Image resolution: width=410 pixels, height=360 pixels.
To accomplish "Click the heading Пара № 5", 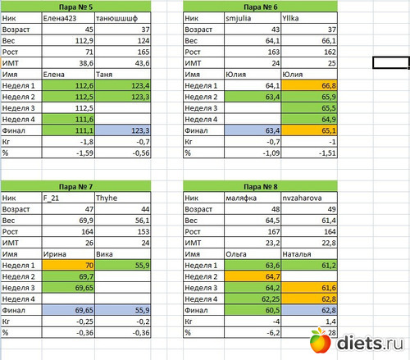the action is click(75, 7).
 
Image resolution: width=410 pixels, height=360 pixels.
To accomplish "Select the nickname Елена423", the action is click(60, 18).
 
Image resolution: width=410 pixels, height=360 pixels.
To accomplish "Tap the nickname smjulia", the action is click(239, 18).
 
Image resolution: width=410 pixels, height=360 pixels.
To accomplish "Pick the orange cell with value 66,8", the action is click(309, 85).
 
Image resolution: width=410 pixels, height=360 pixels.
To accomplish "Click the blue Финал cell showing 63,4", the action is click(253, 130).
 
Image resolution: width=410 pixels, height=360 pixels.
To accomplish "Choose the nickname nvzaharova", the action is click(302, 198).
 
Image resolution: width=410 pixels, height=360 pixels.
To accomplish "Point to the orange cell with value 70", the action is click(68, 265).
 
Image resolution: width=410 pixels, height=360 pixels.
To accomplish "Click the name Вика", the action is click(104, 254).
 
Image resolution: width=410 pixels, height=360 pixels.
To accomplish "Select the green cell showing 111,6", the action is click(68, 119).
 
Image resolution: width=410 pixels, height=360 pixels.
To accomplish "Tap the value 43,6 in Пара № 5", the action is click(142, 63).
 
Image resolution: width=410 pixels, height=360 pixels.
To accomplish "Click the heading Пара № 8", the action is click(261, 187).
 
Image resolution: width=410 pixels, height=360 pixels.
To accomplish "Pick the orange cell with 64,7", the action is click(253, 276).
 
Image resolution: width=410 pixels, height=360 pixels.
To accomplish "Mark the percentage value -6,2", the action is click(273, 333).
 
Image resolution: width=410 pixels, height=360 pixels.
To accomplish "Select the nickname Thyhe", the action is click(107, 198).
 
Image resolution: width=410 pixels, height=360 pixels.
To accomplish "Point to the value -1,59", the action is click(84, 153).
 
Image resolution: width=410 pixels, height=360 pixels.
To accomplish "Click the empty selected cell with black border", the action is click(391, 63).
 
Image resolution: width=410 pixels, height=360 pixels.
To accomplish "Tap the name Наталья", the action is click(297, 254).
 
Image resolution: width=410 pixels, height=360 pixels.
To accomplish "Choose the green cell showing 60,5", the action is click(253, 310).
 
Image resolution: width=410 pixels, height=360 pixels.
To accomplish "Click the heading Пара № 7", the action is click(75, 187).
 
